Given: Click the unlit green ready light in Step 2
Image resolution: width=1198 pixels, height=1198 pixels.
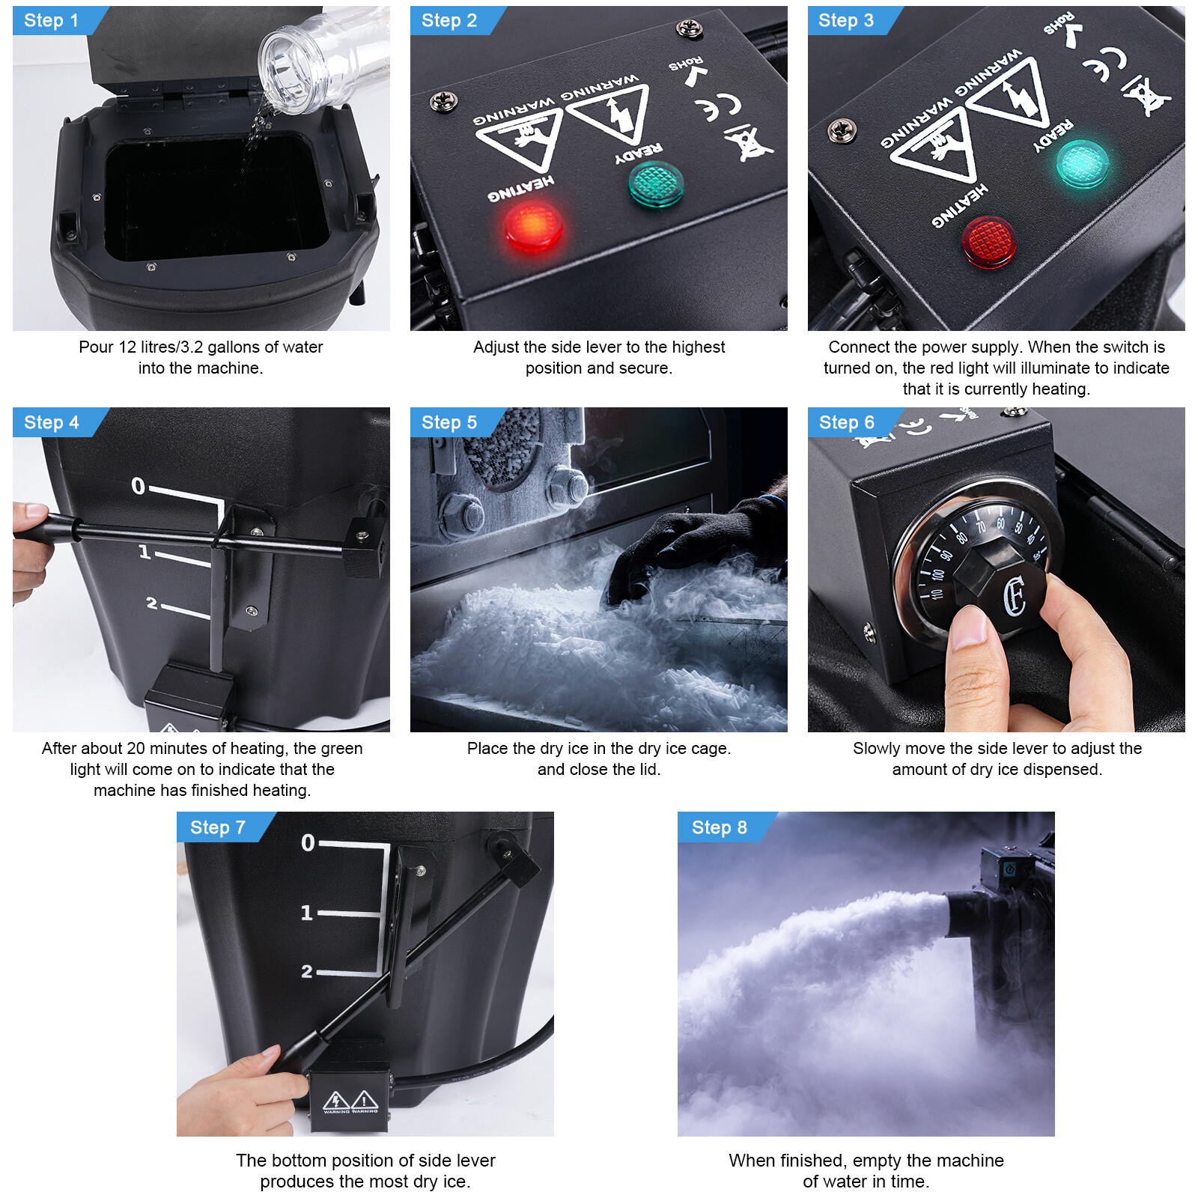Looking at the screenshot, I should click(x=656, y=183).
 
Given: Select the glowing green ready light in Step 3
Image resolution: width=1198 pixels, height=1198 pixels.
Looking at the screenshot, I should click(x=1083, y=163).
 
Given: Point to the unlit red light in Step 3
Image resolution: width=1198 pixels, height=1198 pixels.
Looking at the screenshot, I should click(x=989, y=242).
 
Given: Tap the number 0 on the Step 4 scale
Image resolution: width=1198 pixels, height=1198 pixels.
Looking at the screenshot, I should click(x=139, y=486).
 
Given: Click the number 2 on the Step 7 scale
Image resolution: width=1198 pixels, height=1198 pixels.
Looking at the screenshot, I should click(x=307, y=971).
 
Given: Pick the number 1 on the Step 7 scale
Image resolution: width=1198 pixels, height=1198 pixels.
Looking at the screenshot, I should click(x=307, y=913).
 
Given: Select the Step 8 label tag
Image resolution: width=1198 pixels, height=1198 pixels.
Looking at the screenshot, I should click(x=719, y=827).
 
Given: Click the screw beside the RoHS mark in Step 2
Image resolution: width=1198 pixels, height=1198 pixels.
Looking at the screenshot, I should click(x=689, y=29).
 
